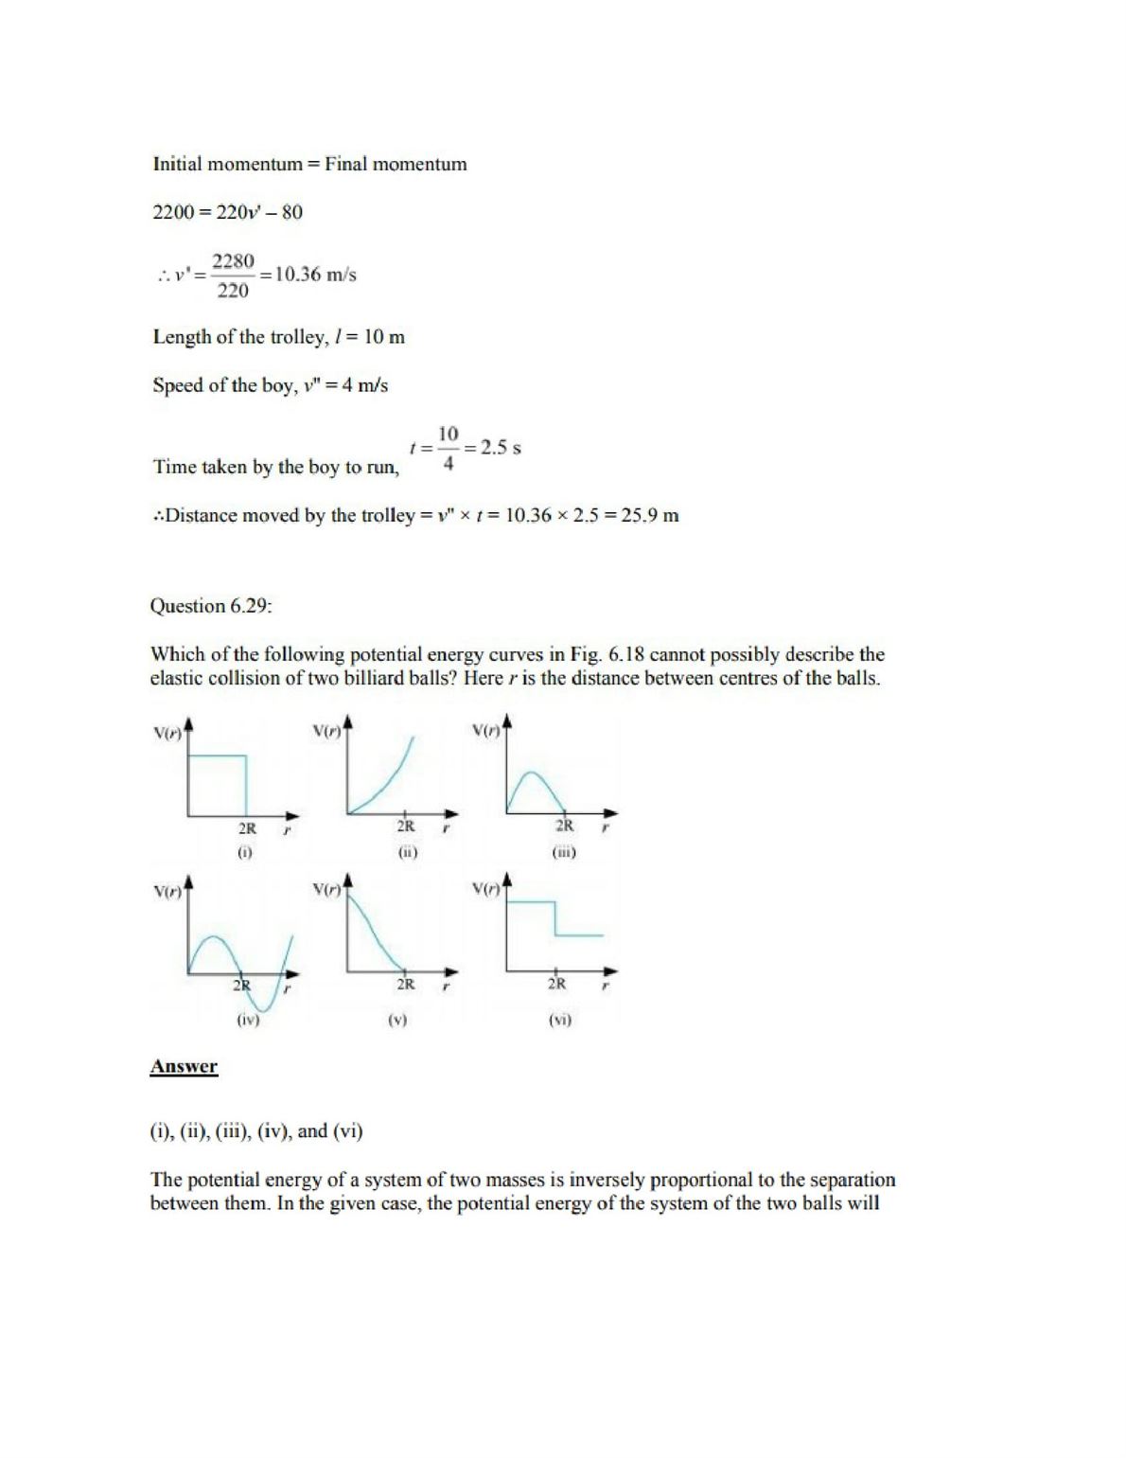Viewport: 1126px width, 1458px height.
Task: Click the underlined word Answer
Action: tap(184, 1067)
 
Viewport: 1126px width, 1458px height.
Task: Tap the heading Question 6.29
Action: tap(211, 606)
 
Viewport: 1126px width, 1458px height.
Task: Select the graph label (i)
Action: tap(245, 852)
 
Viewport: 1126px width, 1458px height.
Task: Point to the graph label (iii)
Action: tap(564, 852)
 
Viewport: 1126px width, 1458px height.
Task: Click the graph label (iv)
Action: tap(247, 1021)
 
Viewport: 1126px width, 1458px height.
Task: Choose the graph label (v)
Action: tap(397, 1021)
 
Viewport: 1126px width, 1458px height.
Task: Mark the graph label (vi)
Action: tap(560, 1021)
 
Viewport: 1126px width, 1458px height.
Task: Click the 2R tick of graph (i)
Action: tap(246, 827)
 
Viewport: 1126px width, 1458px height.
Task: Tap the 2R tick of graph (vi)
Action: tap(557, 984)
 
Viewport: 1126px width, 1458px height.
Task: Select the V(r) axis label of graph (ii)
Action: tap(326, 731)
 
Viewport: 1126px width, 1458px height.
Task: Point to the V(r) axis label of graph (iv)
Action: tap(167, 891)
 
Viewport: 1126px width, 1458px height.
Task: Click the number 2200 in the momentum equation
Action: tap(172, 212)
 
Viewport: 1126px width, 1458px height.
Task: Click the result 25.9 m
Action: tap(650, 516)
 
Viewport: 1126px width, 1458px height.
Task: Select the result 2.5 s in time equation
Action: tap(501, 448)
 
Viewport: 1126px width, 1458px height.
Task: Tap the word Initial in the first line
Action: tap(178, 164)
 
